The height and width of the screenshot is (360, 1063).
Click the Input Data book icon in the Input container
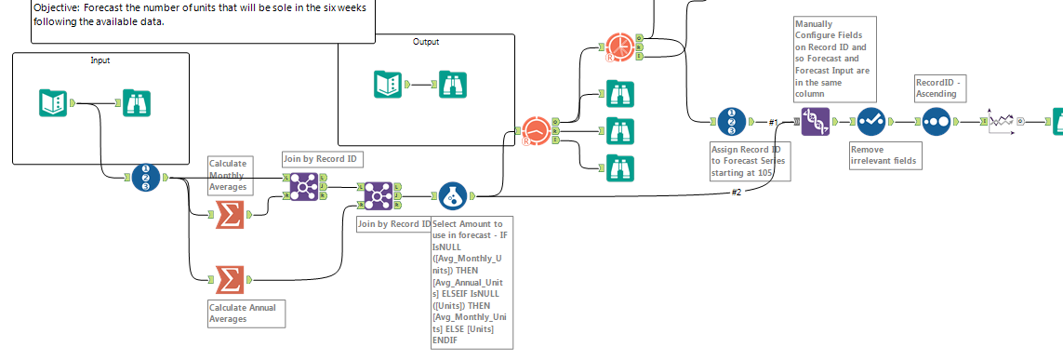tap(53, 102)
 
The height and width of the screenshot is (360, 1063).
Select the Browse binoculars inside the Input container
tap(137, 102)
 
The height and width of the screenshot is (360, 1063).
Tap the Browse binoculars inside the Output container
tap(453, 85)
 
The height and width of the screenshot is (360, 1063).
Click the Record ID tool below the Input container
tap(146, 177)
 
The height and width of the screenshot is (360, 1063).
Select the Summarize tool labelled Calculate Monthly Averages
tap(229, 215)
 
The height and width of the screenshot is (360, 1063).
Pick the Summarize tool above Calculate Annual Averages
tap(229, 279)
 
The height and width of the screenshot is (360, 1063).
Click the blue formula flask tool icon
tap(452, 196)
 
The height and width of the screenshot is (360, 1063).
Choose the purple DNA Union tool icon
tap(816, 122)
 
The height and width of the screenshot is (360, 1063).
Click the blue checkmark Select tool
tap(871, 122)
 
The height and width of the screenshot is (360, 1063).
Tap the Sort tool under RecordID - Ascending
tap(936, 122)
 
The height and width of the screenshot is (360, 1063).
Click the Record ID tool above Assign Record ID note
tap(731, 122)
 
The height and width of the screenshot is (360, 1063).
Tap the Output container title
tap(426, 42)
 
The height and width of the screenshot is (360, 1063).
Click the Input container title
tap(100, 60)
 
